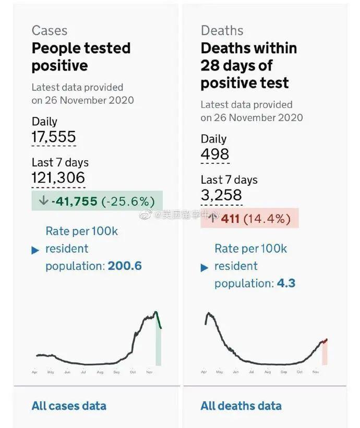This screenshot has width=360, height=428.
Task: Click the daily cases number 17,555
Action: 54,137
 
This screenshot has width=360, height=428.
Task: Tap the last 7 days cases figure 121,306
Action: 58,178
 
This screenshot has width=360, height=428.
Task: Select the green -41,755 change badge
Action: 97,201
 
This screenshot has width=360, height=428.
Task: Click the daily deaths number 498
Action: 215,154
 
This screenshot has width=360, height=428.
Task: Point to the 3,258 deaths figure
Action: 221,195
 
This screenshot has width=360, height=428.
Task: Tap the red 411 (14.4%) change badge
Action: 249,218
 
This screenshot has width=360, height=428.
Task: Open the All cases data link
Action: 69,406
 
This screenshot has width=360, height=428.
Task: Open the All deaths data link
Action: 241,406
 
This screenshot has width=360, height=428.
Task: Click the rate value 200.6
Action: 125,266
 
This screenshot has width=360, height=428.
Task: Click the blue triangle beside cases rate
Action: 35,250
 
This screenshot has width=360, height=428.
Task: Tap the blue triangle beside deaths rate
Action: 205,268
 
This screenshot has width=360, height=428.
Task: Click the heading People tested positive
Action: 81,57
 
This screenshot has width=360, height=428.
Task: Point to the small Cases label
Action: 50,30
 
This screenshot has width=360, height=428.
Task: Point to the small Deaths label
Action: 222,30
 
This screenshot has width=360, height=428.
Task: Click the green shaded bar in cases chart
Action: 158,347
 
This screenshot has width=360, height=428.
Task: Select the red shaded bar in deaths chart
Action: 324,354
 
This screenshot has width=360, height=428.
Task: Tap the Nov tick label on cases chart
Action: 149,372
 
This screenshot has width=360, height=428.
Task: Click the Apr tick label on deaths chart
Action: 203,372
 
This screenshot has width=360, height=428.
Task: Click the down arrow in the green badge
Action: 43,201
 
